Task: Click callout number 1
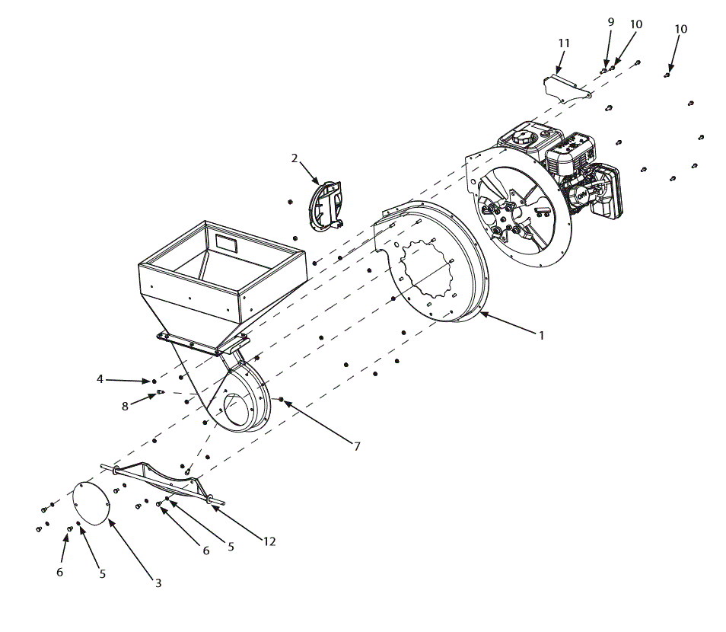[541, 335]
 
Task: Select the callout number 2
[295, 158]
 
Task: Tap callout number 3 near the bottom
[158, 583]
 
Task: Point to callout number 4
[100, 378]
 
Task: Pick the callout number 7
[356, 446]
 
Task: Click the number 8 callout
[125, 407]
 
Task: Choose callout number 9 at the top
[610, 22]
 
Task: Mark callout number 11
[564, 43]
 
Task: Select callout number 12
[269, 541]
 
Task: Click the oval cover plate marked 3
[91, 501]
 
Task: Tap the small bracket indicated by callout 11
[566, 87]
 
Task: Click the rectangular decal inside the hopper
[226, 244]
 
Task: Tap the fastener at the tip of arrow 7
[282, 399]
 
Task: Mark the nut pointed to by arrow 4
[154, 381]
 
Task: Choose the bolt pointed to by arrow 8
[161, 393]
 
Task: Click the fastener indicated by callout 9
[603, 70]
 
